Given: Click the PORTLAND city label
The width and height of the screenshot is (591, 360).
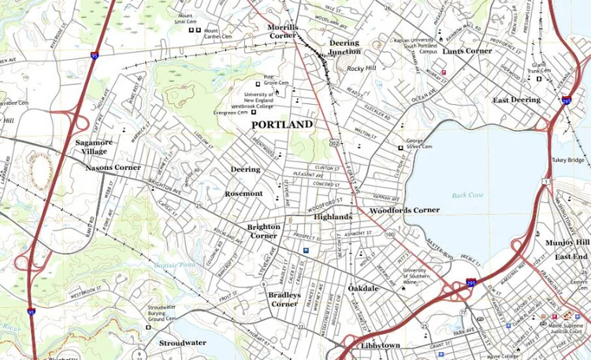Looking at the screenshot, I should coord(281,124).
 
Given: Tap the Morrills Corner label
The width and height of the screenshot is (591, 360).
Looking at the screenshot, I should coord(281,31).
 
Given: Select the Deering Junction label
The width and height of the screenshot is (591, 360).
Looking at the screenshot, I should coord(344,47).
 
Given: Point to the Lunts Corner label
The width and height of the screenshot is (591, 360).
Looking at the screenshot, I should coord(466,50).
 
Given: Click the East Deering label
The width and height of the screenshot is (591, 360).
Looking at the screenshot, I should coord(516,100).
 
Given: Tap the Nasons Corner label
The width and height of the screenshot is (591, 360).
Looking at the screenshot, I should coord(113,167).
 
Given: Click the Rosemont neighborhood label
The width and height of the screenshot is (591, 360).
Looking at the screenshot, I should coord(243,193).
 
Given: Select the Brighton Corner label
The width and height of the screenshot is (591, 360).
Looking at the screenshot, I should coord(263,231).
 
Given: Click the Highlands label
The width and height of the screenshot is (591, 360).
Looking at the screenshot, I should coord(333,216).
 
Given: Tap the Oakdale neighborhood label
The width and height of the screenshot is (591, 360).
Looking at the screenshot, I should coord(363,289).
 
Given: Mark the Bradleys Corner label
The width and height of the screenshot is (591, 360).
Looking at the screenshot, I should coord(284,299).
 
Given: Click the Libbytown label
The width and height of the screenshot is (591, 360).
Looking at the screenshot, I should coord(381,346).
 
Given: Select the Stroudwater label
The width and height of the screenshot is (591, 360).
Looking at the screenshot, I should coord(182,343).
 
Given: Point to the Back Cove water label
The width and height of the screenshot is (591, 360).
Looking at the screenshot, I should coord(466,195).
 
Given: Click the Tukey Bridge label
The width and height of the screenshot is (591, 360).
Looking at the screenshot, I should coord(567,159).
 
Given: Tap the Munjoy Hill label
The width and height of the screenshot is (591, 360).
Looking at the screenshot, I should coord(571,242).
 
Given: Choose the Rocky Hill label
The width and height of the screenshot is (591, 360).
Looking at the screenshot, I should coord(362,69).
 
